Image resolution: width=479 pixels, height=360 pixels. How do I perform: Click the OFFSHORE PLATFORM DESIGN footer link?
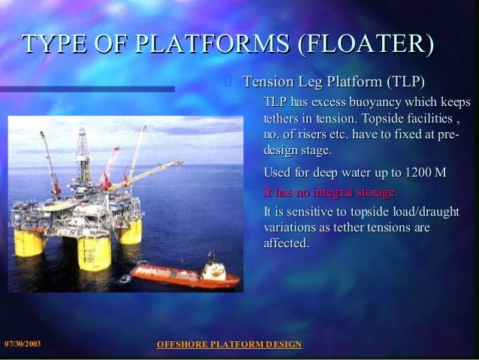(x=229, y=344)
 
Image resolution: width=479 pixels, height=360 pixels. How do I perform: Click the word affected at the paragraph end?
(x=286, y=244)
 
